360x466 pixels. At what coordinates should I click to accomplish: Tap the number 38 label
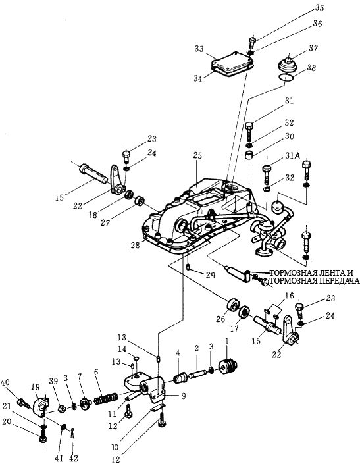(x=311, y=68)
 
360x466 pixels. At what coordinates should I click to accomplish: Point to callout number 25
(x=197, y=156)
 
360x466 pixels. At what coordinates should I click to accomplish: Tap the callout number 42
(x=73, y=458)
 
